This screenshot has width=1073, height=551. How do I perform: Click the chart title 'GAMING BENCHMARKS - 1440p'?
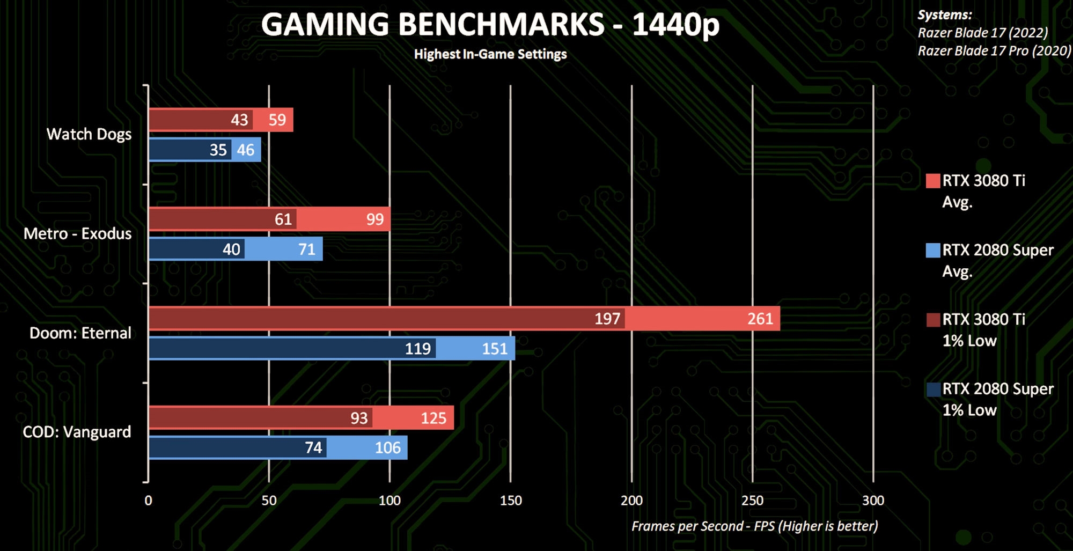point(490,25)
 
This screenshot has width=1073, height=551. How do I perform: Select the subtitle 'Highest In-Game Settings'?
point(490,54)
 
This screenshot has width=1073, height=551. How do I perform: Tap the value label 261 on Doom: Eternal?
point(760,319)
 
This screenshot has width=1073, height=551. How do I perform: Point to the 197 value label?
point(607,319)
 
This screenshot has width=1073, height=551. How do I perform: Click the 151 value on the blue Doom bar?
point(495,349)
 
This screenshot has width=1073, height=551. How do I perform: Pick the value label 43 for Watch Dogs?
point(239,120)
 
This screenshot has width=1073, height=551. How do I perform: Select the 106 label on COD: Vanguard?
point(387,447)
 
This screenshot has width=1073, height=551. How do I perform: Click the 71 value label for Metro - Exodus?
point(307,249)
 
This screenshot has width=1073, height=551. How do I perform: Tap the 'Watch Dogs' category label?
point(89,134)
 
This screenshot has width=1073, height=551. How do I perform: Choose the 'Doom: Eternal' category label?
point(80,333)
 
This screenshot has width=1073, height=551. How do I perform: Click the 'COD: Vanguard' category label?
point(77,432)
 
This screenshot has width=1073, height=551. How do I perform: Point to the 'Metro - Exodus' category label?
point(78,234)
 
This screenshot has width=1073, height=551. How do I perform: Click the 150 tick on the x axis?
point(510,501)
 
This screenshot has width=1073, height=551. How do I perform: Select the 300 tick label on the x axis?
point(873,501)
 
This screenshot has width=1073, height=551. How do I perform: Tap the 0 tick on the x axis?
point(149,501)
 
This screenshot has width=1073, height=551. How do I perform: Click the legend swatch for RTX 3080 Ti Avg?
point(933,181)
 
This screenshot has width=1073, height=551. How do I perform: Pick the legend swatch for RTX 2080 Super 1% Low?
point(933,389)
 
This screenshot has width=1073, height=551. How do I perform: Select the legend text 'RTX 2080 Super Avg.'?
point(997,261)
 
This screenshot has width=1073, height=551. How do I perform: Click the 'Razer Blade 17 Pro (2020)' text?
point(994,51)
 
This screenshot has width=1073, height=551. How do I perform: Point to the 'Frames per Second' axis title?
point(754,526)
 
